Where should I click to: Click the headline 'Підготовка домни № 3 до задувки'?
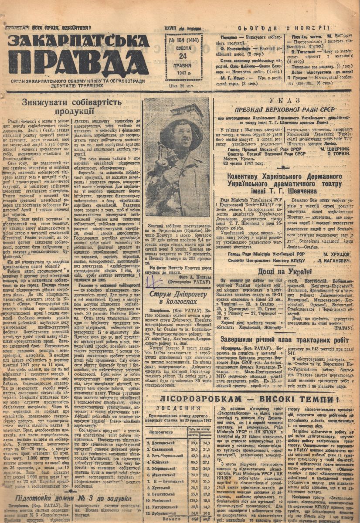(73, 498)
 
